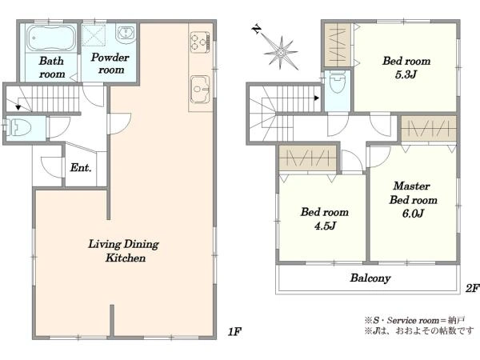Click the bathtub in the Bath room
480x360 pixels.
pos(51,38)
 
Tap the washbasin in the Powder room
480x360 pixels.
pos(126,33)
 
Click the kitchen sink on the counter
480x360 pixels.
pos(200,89)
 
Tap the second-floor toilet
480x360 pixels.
pos(338,82)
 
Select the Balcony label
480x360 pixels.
pos(370,278)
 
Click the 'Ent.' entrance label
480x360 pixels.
pos(81,167)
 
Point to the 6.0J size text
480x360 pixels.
pos(413,214)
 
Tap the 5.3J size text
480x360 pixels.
pos(406,74)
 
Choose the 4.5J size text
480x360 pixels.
pos(325,226)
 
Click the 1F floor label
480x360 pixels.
pos(235,331)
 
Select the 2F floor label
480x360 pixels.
pos(472,288)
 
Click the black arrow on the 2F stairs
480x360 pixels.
pos(317,98)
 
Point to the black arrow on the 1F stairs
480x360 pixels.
pos(18,107)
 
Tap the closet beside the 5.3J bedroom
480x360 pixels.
pos(338,45)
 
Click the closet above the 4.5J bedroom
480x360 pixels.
pos(308,158)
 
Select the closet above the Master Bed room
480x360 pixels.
pos(429,129)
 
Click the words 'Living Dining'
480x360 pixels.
pos(124,244)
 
